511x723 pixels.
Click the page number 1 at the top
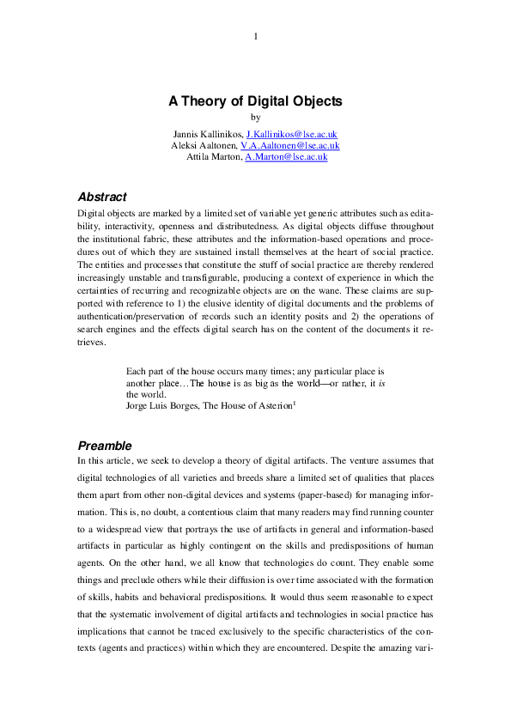(256, 35)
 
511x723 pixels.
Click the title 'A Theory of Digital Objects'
(255, 100)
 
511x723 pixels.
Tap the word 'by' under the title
(255, 118)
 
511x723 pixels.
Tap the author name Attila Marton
(214, 157)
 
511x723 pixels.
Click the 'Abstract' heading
(102, 197)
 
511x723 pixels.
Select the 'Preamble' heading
(105, 446)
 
